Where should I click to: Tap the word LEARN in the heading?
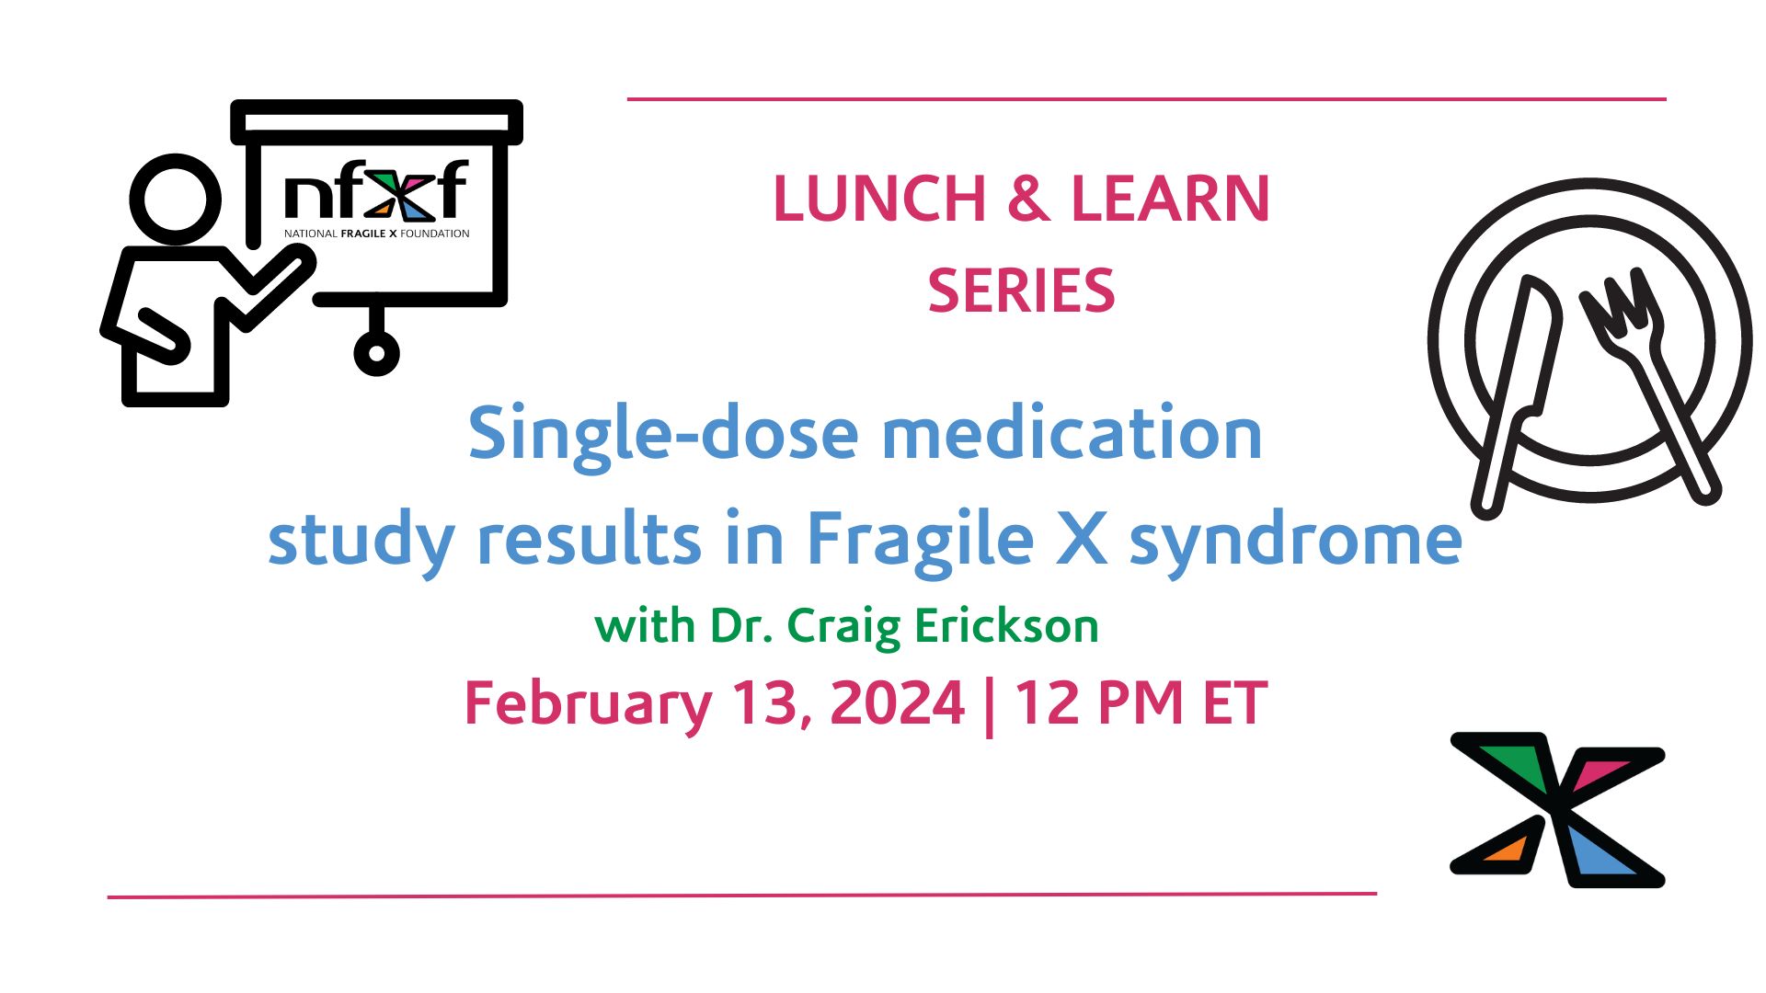(x=1170, y=199)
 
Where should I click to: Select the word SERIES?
(x=1021, y=291)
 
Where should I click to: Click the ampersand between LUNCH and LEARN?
(x=1028, y=199)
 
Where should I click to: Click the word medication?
(x=1072, y=434)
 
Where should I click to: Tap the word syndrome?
(x=1295, y=540)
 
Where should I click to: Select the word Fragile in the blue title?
(x=920, y=540)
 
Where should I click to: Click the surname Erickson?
(x=1006, y=626)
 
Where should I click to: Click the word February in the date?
(x=588, y=703)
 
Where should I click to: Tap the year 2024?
(x=897, y=703)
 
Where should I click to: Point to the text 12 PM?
(x=1097, y=703)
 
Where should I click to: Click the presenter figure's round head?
(x=176, y=199)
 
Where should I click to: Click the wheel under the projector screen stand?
(x=376, y=352)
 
